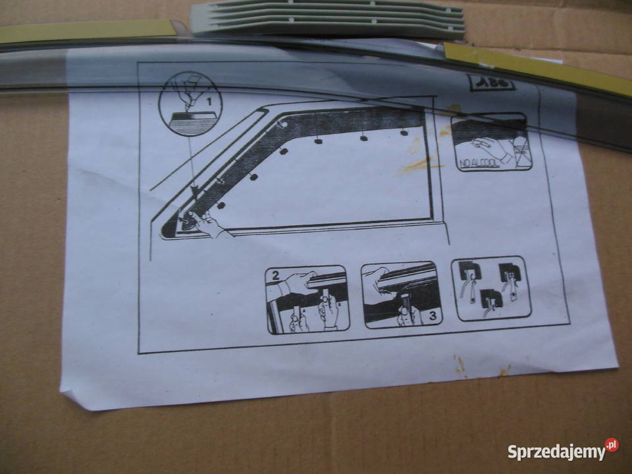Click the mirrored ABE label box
(491, 84)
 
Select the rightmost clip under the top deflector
(404, 134)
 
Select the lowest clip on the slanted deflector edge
(221, 205)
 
